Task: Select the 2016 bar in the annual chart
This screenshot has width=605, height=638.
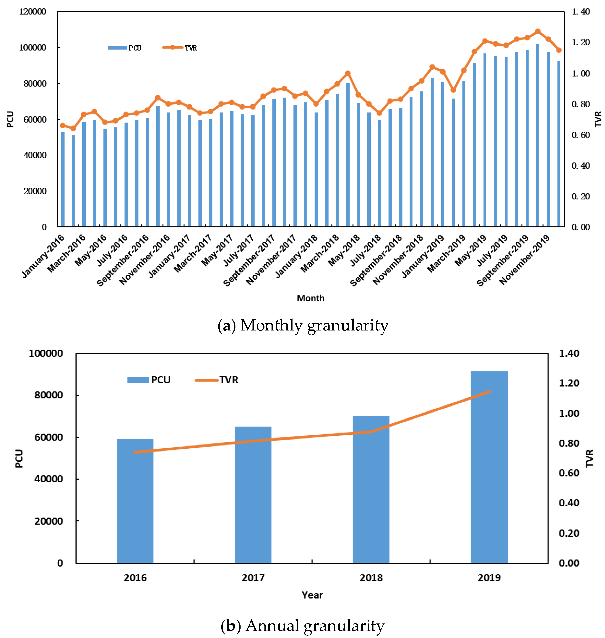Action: pyautogui.click(x=135, y=500)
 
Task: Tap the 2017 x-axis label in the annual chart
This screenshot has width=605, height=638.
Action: pyautogui.click(x=253, y=578)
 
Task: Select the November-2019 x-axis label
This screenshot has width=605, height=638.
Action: pyautogui.click(x=525, y=260)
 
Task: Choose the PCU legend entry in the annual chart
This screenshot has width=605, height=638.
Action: pyautogui.click(x=149, y=380)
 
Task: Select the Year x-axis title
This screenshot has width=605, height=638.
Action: pyautogui.click(x=312, y=595)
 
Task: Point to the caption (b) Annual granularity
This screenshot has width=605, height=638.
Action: pyautogui.click(x=302, y=626)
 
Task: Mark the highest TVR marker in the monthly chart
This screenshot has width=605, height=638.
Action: pyautogui.click(x=538, y=32)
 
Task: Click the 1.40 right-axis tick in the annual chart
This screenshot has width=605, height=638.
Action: pyautogui.click(x=569, y=353)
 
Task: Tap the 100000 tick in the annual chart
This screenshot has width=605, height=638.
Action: pyautogui.click(x=46, y=353)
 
